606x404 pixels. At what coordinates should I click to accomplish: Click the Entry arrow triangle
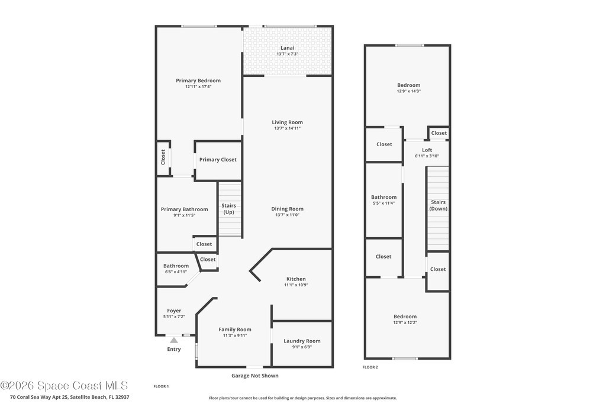point(174,340)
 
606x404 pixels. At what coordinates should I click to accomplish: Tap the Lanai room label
point(287,48)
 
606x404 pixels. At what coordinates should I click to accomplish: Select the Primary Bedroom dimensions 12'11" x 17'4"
point(198,86)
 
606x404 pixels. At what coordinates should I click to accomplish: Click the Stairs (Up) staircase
point(230,210)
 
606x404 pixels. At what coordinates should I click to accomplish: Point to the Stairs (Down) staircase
point(438,209)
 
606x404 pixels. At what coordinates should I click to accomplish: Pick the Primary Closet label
point(218,160)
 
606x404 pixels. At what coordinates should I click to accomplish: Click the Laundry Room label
point(302,341)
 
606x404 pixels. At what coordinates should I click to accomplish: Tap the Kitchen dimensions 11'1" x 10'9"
point(296,285)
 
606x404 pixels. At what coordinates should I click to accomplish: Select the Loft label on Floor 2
point(427,150)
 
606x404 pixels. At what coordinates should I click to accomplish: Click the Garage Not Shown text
point(255,376)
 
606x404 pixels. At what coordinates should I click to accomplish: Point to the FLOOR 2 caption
point(370,367)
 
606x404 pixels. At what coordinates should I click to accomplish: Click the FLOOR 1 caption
point(161,386)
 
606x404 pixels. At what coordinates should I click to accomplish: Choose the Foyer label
point(174,311)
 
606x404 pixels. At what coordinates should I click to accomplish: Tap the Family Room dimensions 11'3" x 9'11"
point(235,335)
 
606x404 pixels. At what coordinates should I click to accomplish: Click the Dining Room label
point(287,209)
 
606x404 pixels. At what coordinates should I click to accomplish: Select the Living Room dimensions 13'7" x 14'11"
point(287,128)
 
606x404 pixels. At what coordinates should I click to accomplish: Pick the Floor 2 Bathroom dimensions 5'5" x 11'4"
point(383,203)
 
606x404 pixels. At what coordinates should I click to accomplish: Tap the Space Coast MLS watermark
point(64,386)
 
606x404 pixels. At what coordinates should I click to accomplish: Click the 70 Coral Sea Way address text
point(70,397)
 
